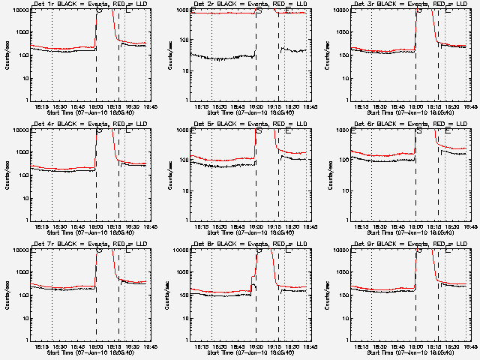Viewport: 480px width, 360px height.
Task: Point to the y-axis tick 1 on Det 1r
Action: click(27, 100)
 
